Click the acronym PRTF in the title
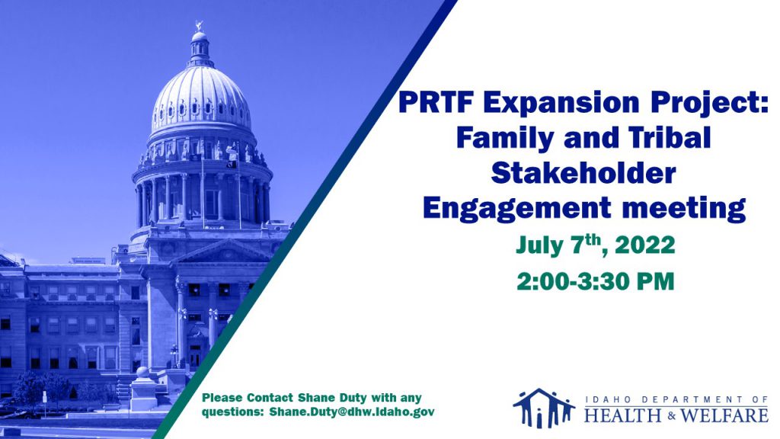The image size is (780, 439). pos(435,103)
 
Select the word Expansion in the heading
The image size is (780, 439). pos(561,103)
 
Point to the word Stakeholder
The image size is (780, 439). pos(583,173)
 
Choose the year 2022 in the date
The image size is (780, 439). pos(645,245)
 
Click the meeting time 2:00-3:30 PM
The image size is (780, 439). pos(596,281)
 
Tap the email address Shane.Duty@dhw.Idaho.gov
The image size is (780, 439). pos(352,412)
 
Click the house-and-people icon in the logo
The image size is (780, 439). pos(544,409)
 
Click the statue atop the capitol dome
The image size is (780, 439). pos(200,25)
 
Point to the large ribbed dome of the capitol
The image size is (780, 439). pos(201,98)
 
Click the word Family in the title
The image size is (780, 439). pos(505,139)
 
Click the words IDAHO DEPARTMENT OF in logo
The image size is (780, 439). pos(676,399)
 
